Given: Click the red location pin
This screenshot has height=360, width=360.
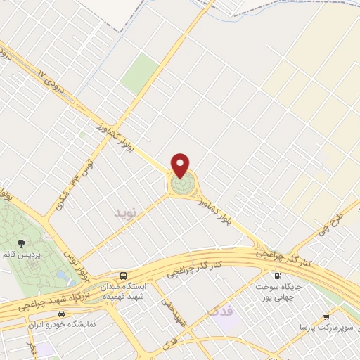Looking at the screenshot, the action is tap(181, 165).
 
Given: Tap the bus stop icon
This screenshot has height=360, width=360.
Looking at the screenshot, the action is tap(124, 276).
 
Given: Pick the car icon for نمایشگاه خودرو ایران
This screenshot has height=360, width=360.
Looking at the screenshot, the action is tap(62, 314).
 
